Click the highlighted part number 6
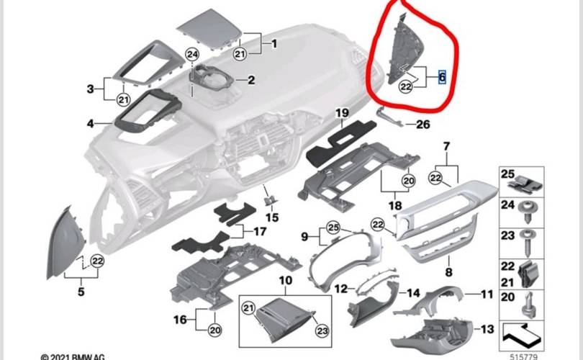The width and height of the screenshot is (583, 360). [x=442, y=77]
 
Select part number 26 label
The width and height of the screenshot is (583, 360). [x=422, y=125]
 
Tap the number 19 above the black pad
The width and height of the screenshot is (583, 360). [x=342, y=113]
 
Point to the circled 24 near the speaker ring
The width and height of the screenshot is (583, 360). [x=192, y=55]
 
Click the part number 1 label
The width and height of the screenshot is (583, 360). [x=274, y=44]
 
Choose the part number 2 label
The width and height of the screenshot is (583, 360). [x=251, y=80]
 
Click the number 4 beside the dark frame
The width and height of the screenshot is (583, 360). [x=91, y=123]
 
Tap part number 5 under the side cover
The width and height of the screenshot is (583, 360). [x=81, y=292]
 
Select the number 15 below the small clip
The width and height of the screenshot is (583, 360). [x=272, y=217]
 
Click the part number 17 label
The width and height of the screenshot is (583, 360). [x=260, y=231]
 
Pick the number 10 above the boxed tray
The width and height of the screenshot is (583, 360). [x=286, y=280]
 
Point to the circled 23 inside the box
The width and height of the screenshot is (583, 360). [x=322, y=330]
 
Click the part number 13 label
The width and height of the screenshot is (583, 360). [x=487, y=329]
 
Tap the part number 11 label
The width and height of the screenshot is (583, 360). [x=487, y=294]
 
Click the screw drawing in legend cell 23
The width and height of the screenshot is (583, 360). [x=528, y=242]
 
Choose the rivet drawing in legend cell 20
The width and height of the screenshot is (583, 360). [x=528, y=305]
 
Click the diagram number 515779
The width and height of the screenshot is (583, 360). [x=523, y=356]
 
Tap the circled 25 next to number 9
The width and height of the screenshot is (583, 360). [x=333, y=228]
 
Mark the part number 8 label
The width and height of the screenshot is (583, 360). [x=449, y=272]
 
